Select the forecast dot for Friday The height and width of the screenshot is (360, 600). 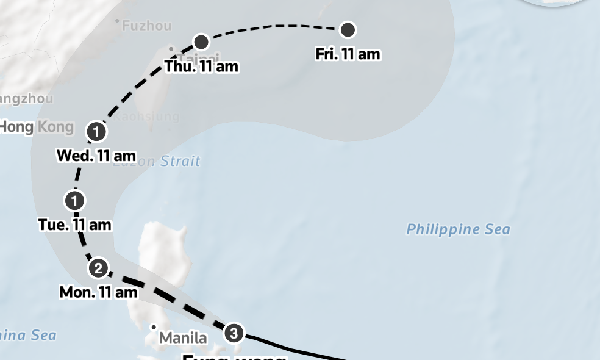click(x=348, y=29)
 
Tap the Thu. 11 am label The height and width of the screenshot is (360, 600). click(x=201, y=67)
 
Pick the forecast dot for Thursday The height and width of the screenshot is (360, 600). click(x=201, y=41)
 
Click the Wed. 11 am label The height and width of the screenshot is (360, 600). click(x=96, y=156)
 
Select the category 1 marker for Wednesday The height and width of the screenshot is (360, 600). click(x=96, y=131)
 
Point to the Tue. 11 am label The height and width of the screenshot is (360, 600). click(x=75, y=225)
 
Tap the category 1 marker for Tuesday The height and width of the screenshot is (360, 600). click(x=74, y=200)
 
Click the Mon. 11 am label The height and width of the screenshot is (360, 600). click(x=98, y=292)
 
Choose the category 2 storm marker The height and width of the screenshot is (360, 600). click(x=98, y=268)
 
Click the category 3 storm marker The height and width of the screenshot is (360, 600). click(x=234, y=333)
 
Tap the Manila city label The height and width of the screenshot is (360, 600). click(x=183, y=337)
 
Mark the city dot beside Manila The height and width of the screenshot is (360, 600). click(x=154, y=328)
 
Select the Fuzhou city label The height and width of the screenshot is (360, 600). click(x=146, y=26)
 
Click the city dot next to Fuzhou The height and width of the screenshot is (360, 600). click(x=117, y=21)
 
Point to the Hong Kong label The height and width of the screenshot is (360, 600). click(x=37, y=127)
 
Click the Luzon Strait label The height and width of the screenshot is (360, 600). click(x=157, y=162)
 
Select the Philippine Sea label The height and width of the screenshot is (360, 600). click(x=458, y=229)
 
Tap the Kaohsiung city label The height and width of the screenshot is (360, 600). click(x=148, y=116)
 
